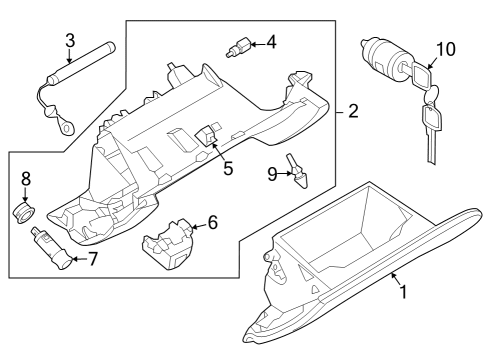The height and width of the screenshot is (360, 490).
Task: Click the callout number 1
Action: pyautogui.click(x=403, y=292)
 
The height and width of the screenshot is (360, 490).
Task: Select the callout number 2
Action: pyautogui.click(x=353, y=112)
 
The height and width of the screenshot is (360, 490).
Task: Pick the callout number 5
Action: pyautogui.click(x=228, y=168)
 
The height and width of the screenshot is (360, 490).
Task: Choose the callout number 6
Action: pyautogui.click(x=212, y=222)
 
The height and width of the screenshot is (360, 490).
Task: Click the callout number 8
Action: pyautogui.click(x=27, y=179)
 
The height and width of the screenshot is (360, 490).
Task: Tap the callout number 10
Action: pyautogui.click(x=444, y=47)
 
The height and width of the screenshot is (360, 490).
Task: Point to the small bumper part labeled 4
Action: pyautogui.click(x=241, y=46)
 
